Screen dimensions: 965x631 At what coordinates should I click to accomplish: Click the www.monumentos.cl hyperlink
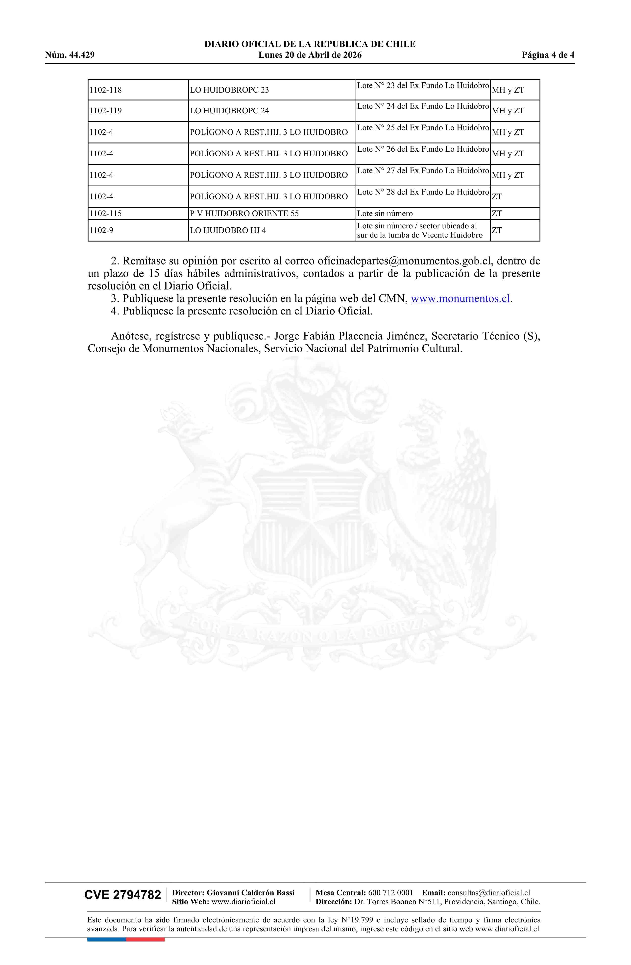pos(460,298)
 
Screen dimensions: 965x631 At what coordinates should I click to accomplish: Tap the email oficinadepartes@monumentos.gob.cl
pos(404,261)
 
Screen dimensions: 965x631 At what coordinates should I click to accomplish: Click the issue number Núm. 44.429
pos(70,55)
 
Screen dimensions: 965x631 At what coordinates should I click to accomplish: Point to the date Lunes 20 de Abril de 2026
pos(310,55)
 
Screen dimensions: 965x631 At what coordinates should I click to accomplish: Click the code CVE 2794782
pos(122,895)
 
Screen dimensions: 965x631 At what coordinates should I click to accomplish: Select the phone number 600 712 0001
pos(390,893)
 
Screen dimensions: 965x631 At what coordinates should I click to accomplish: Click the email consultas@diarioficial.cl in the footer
pos(489,893)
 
